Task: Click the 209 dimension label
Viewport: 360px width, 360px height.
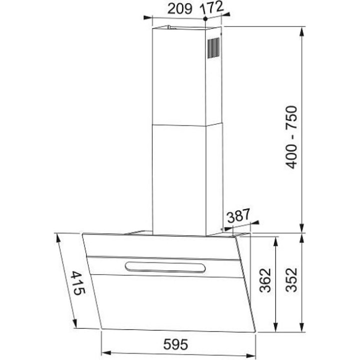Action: click(x=179, y=9)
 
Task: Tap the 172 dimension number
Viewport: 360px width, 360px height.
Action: click(x=211, y=8)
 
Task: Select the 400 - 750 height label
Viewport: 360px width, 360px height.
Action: click(x=291, y=137)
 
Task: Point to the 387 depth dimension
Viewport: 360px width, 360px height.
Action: click(x=238, y=215)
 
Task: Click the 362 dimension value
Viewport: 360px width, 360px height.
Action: click(x=265, y=280)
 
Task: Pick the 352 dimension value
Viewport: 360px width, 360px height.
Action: click(x=291, y=280)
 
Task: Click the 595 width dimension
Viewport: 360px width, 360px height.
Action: click(x=175, y=344)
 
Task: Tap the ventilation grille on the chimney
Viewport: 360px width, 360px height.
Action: click(x=213, y=48)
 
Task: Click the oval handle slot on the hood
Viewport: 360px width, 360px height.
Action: click(x=165, y=267)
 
